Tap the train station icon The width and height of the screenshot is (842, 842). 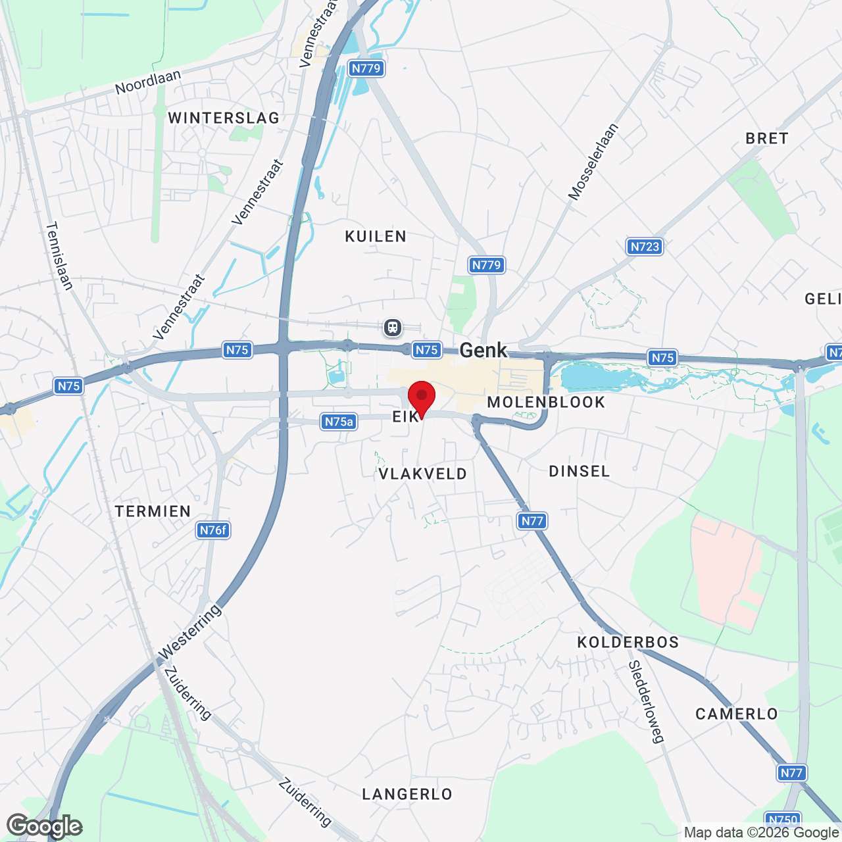393,327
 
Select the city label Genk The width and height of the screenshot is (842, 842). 483,350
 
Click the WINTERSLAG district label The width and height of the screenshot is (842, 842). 224,118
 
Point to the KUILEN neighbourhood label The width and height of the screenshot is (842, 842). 376,236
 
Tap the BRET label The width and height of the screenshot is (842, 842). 766,138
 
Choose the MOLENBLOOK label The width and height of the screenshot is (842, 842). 546,402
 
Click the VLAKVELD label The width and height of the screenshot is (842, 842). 422,474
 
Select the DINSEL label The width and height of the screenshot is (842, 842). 580,471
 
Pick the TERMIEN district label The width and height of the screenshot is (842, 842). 153,511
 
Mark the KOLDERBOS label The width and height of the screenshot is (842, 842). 628,642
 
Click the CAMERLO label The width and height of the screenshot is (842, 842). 737,714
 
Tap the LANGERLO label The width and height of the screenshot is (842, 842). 407,794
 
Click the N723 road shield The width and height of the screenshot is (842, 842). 644,247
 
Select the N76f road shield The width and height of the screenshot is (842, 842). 213,530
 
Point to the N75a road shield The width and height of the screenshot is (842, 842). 339,422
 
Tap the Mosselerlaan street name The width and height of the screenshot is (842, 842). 593,162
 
